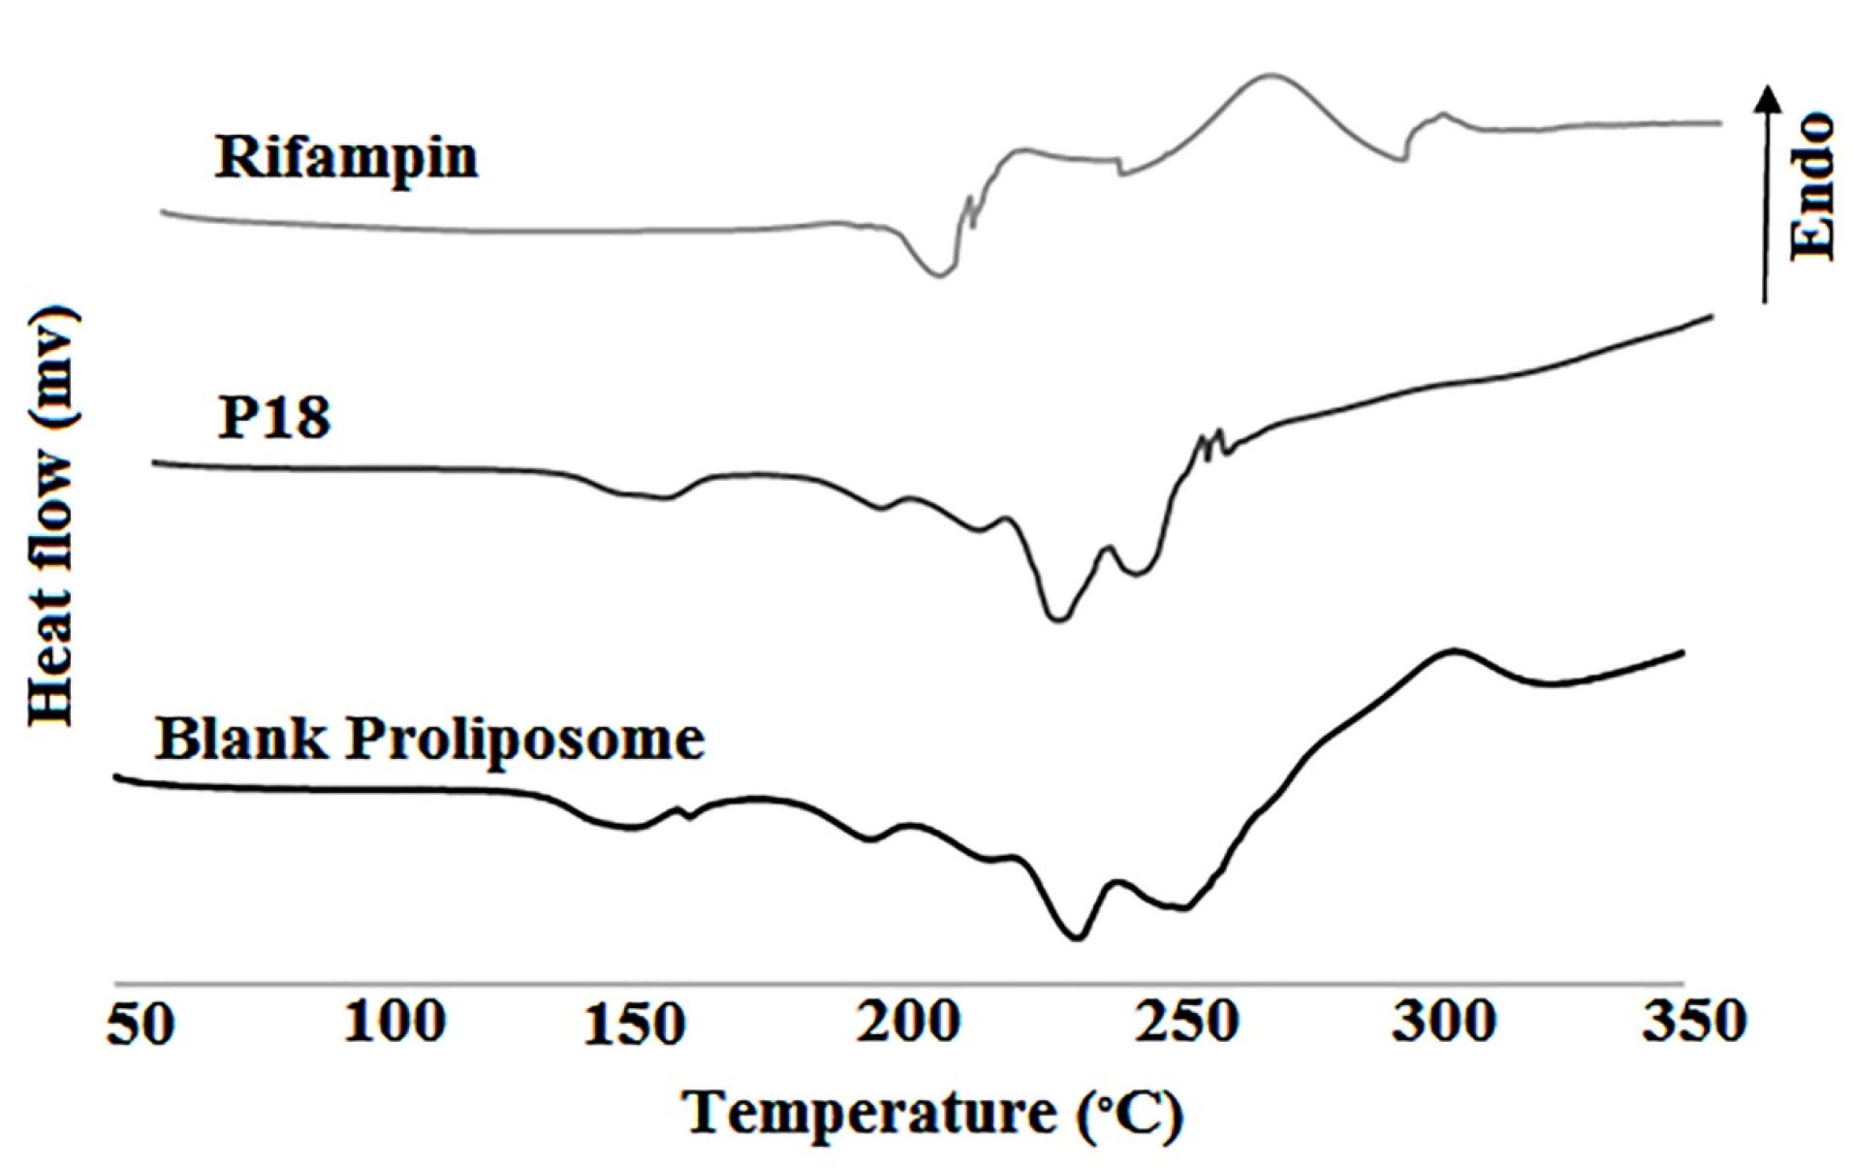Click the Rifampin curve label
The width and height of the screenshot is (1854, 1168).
coord(346,157)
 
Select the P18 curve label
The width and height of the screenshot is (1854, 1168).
coord(273,419)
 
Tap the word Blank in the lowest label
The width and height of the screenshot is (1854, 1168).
coord(241,739)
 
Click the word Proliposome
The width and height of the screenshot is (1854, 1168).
coord(525,741)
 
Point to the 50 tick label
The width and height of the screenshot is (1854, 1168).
coord(141,1024)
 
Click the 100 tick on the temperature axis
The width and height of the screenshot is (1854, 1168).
coord(393,1022)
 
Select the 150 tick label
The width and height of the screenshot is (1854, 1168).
coord(634,1024)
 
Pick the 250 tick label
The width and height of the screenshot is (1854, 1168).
coord(1186,1022)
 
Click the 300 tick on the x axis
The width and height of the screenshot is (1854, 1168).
coord(1443,1022)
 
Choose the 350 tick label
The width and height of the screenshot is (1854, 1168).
coord(1694,1022)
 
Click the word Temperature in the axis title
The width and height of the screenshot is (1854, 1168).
coord(869,1113)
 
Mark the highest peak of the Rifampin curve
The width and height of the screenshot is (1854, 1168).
coord(1268,75)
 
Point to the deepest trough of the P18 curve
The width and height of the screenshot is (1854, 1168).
coord(1058,618)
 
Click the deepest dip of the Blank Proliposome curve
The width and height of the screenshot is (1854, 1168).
coord(1076,937)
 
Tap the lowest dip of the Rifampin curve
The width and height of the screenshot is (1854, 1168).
coord(938,275)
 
